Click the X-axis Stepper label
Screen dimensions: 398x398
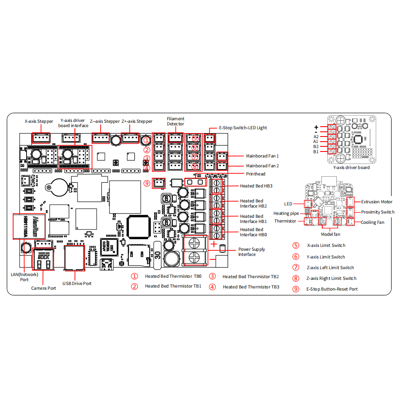pos(39,122)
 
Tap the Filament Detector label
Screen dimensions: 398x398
pos(175,121)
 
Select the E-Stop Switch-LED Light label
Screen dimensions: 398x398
pos(243,128)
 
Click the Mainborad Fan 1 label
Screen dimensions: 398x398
pos(262,156)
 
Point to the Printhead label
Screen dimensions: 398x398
pos(255,174)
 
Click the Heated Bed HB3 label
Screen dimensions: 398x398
pos(256,186)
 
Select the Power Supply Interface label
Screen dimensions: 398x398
pos(252,252)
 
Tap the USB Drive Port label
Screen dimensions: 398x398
pos(77,283)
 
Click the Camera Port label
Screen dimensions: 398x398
pos(43,288)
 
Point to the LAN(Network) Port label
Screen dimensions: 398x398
pos(24,277)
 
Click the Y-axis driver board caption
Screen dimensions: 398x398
pos(351,167)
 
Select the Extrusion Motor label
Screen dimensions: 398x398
pos(377,202)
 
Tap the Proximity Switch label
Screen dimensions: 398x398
pos(378,212)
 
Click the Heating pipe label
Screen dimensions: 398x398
pos(286,213)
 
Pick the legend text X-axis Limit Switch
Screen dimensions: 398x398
pos(326,246)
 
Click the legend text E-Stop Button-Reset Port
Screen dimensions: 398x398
pos(332,289)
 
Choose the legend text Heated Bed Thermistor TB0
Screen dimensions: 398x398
pos(173,276)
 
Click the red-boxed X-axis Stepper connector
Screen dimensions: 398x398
pos(41,138)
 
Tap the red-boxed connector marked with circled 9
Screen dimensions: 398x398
pos(159,183)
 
